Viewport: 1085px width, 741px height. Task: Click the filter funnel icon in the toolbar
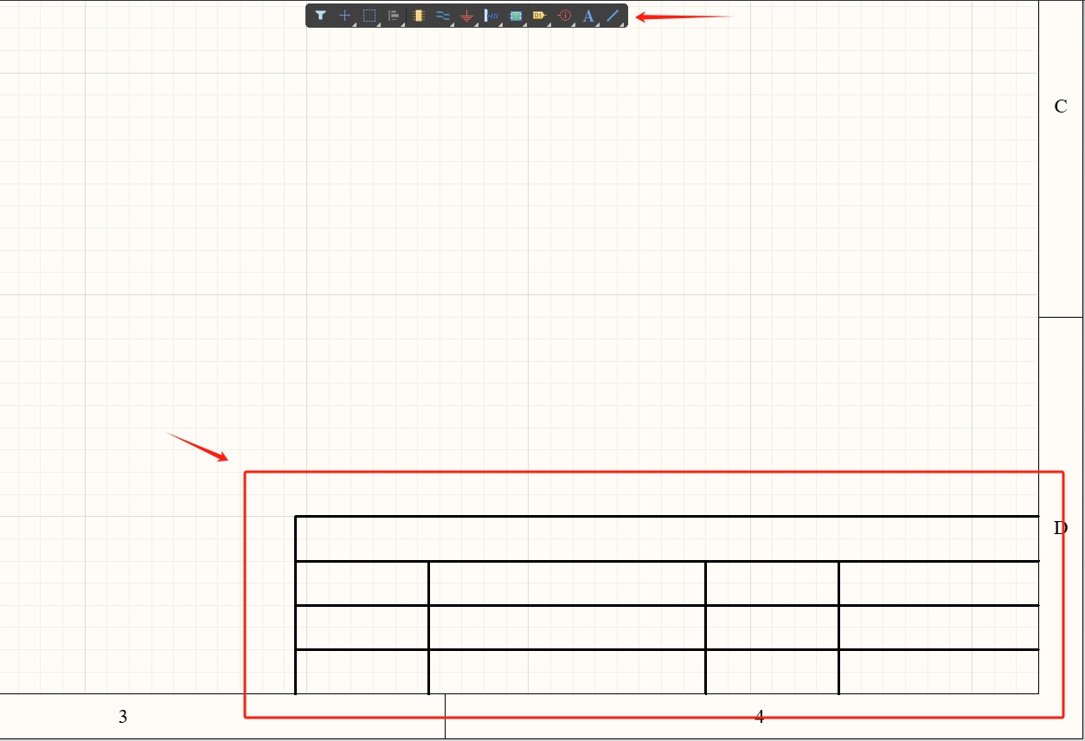pos(320,16)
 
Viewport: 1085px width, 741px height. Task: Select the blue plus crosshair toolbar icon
pos(344,16)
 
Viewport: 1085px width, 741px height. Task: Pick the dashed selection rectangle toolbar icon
pos(369,16)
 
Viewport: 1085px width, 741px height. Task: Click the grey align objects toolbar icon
pos(393,16)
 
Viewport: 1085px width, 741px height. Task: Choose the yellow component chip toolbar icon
pos(419,16)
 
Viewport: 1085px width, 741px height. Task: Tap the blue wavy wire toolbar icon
pos(443,16)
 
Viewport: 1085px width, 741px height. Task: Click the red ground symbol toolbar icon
pos(467,16)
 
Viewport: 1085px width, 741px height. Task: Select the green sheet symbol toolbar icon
pos(516,16)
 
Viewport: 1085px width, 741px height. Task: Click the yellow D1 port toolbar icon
pos(539,16)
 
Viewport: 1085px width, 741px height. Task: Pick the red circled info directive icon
pos(564,16)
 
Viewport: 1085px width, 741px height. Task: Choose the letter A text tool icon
pos(588,16)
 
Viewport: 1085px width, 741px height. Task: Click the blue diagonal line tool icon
pos(613,16)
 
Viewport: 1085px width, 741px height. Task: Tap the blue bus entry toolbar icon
pos(491,16)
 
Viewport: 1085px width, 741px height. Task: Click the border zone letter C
pos(1061,106)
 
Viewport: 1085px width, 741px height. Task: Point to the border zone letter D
pos(1061,528)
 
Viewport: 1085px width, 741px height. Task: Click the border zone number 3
pos(123,717)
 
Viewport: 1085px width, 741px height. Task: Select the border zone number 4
pos(760,717)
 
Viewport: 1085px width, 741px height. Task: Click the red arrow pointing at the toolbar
pos(684,16)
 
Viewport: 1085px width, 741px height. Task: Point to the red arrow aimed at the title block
pos(198,447)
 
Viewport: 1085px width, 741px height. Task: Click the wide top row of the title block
pos(666,538)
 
